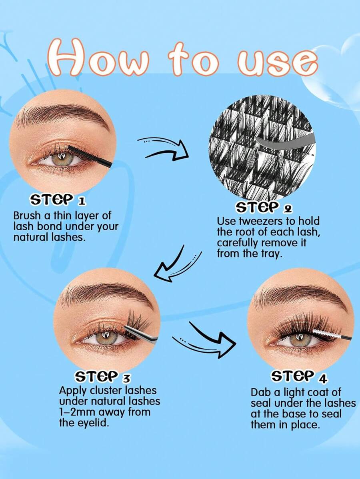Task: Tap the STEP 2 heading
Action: [264, 208]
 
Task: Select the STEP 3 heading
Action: [102, 377]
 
